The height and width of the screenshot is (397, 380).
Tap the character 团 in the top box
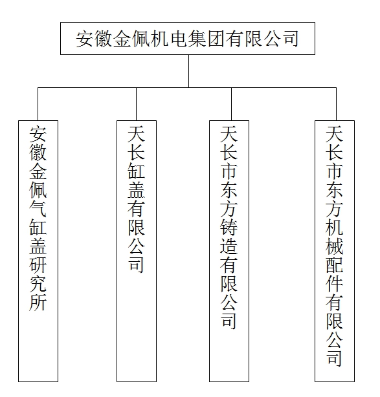click(x=216, y=39)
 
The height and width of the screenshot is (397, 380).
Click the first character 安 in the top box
click(x=84, y=39)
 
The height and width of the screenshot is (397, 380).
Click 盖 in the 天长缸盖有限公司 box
click(x=137, y=190)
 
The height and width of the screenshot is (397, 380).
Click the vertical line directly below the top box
click(x=188, y=71)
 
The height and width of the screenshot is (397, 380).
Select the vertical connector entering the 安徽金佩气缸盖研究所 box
click(x=38, y=104)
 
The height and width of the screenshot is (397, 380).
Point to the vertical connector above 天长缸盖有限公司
click(x=136, y=104)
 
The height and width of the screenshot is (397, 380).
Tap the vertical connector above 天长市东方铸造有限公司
click(x=231, y=104)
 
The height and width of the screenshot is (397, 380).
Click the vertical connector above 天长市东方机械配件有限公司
click(x=337, y=104)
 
